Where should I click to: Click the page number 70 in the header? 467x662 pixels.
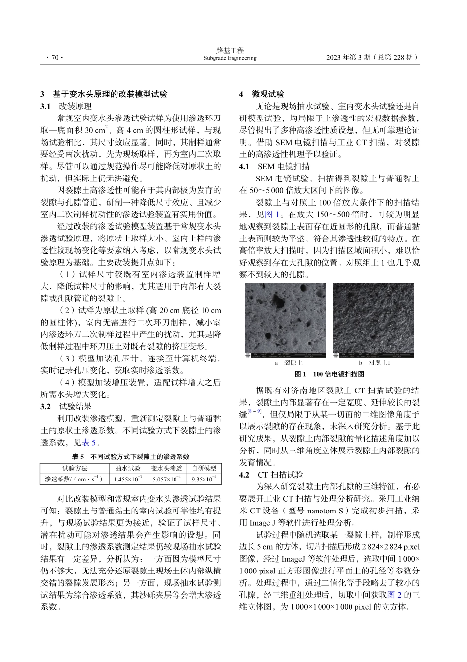[x=52, y=58]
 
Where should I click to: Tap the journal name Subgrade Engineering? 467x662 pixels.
[x=230, y=58]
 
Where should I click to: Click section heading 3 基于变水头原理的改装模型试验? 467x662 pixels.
[x=104, y=94]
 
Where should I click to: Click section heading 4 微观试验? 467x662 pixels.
[x=262, y=94]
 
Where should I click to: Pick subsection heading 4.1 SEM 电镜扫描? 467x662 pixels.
[x=274, y=166]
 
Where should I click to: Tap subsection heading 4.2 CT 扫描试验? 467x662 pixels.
[x=271, y=475]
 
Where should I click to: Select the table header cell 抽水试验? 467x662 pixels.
[x=128, y=469]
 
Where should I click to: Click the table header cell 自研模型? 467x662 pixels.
[x=204, y=469]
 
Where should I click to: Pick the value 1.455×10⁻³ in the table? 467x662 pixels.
[x=128, y=479]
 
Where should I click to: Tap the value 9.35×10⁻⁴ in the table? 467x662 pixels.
[x=204, y=479]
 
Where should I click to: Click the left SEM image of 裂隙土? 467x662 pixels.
[x=286, y=320]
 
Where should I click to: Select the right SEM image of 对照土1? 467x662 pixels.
[x=374, y=320]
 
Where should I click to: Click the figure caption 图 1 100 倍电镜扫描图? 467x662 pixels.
[x=329, y=374]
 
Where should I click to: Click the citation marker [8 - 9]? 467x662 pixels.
[x=254, y=411]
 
